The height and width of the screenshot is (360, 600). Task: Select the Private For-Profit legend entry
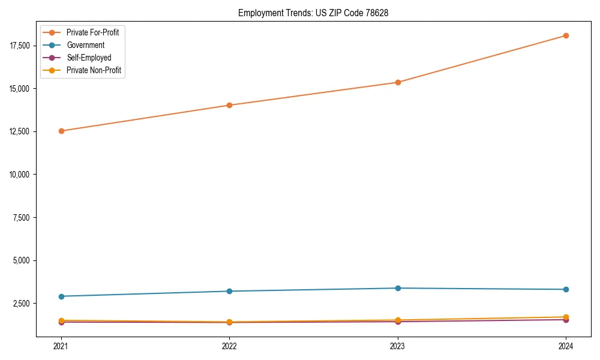coord(92,32)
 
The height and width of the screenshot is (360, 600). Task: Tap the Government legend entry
coord(85,45)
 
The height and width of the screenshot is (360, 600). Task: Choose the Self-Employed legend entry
coord(89,58)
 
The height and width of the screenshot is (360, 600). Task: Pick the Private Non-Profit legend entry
coord(94,70)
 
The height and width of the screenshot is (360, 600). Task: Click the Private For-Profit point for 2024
coord(566,35)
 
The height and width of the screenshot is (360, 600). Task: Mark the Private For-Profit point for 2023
coord(398,82)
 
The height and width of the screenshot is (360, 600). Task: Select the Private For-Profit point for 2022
coord(229,105)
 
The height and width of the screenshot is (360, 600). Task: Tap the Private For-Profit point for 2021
coord(61,131)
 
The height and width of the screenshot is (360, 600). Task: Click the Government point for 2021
coord(61,296)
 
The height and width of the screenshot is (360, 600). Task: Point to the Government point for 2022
coord(229,291)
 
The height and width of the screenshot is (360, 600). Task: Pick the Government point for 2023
coord(398,288)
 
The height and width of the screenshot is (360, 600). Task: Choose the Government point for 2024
coord(566,289)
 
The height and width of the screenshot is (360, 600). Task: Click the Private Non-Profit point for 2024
coord(566,317)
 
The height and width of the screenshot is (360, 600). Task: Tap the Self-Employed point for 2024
coord(566,320)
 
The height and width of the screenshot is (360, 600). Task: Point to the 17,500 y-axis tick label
coord(21,46)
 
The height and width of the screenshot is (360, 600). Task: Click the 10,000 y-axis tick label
coord(21,175)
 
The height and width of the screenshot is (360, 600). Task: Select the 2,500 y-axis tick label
coord(23,304)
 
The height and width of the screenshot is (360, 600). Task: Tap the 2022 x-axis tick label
coord(229,346)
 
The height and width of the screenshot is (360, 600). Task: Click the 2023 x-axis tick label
coord(398,346)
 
